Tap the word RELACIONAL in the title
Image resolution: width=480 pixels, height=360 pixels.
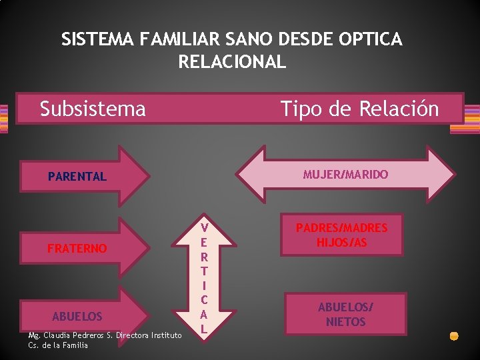(x=232, y=63)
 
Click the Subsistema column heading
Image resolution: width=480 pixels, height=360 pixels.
(x=93, y=108)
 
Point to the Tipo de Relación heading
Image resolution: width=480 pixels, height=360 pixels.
(x=360, y=108)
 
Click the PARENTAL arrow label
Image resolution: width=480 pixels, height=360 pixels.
(x=77, y=177)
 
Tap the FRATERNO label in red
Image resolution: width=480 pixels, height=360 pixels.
(x=77, y=249)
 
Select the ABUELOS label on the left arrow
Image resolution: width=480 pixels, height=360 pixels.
(x=77, y=316)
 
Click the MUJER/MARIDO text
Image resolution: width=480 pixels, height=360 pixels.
(x=345, y=175)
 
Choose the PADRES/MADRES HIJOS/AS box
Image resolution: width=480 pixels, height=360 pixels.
(x=342, y=235)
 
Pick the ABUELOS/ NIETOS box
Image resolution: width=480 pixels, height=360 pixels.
(x=345, y=314)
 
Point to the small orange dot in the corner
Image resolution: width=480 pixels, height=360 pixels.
(x=454, y=336)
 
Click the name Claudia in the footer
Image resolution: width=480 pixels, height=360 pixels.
(x=61, y=335)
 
